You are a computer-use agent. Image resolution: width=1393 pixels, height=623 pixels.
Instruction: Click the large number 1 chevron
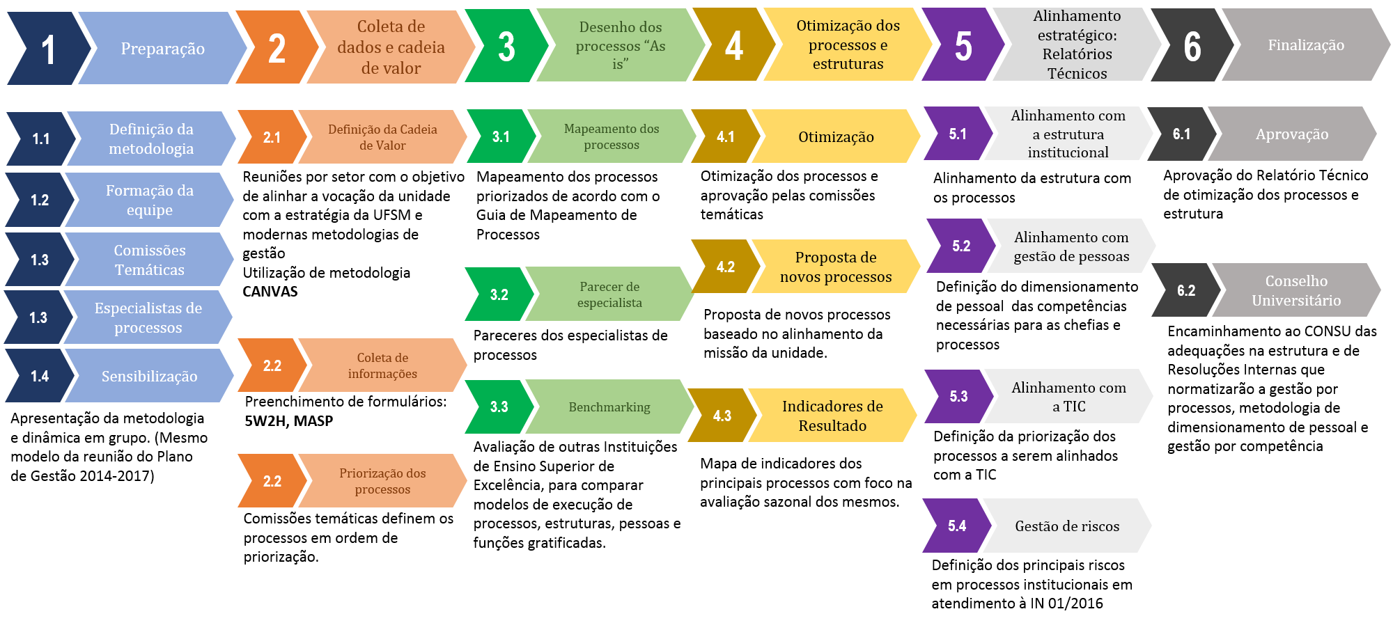47,49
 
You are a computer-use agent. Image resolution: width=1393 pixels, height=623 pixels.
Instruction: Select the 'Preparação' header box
162,49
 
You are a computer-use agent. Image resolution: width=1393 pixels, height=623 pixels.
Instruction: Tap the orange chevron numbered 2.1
272,137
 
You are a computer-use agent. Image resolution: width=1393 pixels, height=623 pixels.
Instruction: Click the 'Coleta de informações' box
382,365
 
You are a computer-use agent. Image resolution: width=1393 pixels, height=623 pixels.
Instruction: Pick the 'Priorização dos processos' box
382,481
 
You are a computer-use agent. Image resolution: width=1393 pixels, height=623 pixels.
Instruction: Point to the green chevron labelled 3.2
499,294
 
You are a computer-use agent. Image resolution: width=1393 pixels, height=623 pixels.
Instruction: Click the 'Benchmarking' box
609,407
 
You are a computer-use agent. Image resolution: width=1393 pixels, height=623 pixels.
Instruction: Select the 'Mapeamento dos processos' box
611,136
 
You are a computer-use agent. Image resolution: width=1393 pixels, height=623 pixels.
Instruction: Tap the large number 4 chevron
733,46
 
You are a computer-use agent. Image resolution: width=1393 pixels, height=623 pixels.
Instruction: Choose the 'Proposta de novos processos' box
836,267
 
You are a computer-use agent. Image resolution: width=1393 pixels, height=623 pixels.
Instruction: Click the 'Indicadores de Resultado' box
832,416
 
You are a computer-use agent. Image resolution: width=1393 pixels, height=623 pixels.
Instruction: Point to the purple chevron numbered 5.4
956,526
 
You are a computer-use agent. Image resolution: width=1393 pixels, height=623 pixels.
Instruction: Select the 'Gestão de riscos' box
1067,526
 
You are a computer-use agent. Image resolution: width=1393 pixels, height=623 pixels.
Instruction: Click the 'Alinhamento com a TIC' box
1068,397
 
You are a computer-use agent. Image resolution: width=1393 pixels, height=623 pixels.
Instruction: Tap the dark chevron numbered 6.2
1185,290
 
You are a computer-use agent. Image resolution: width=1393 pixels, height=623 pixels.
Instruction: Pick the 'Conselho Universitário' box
1295,290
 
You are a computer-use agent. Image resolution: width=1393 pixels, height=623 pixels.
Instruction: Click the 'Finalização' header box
1306,45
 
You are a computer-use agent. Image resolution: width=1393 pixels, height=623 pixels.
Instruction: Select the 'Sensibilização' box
149,376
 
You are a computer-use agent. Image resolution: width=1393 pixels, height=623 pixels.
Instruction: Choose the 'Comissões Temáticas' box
149,260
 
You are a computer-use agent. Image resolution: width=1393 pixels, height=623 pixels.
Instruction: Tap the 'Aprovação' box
1292,134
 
